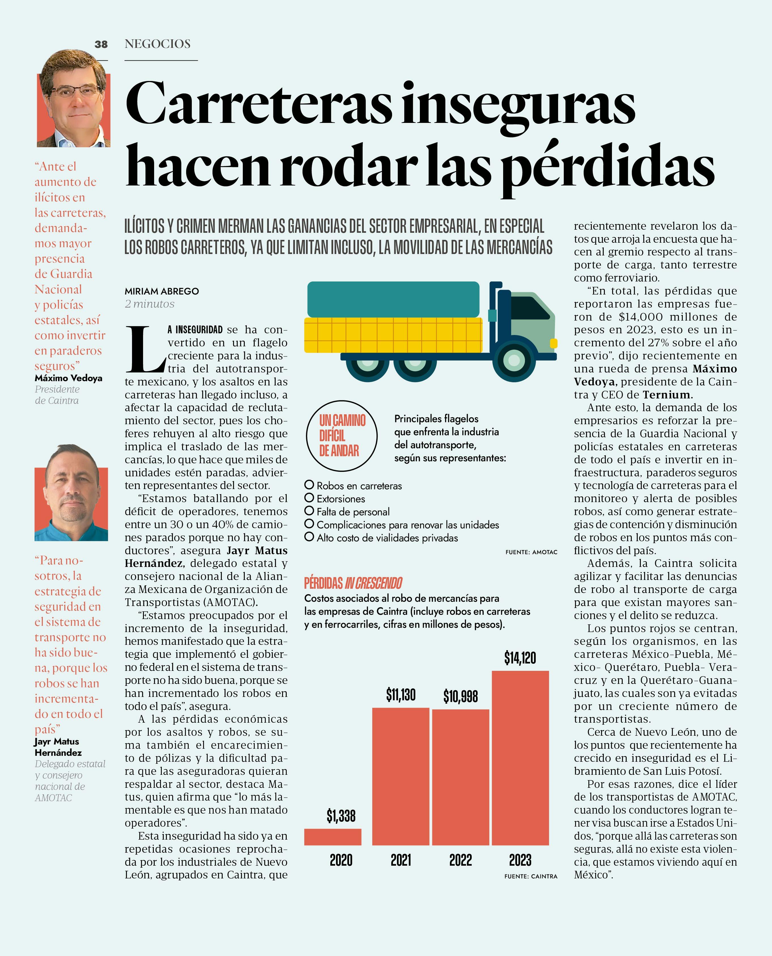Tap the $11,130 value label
click(400, 695)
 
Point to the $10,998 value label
click(460, 696)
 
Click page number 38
click(101, 44)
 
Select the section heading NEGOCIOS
click(158, 44)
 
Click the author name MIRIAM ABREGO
click(161, 291)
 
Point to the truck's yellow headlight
click(554, 343)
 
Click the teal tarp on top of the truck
click(393, 299)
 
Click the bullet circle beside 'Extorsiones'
click(309, 498)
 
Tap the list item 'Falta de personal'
click(353, 511)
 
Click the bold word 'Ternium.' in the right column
click(667, 395)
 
